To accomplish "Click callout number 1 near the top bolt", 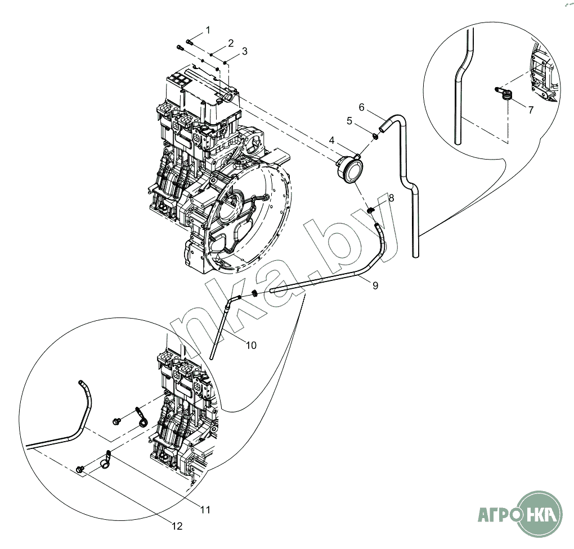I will click(x=208, y=29).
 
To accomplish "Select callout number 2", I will click(x=230, y=43).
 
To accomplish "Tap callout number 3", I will click(x=244, y=51).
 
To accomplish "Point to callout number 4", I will click(x=332, y=139).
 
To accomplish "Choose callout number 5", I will click(x=349, y=121).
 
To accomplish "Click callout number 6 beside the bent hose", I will click(x=362, y=107).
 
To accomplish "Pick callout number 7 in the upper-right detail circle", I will click(x=530, y=110).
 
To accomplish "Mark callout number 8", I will click(x=391, y=198).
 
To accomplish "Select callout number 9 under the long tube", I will click(x=375, y=285).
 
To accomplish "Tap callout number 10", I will click(x=250, y=345).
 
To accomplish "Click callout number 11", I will click(x=205, y=510).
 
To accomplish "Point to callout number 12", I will click(x=177, y=527).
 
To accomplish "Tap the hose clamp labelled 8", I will click(x=371, y=210).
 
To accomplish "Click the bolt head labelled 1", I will click(x=189, y=41).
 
